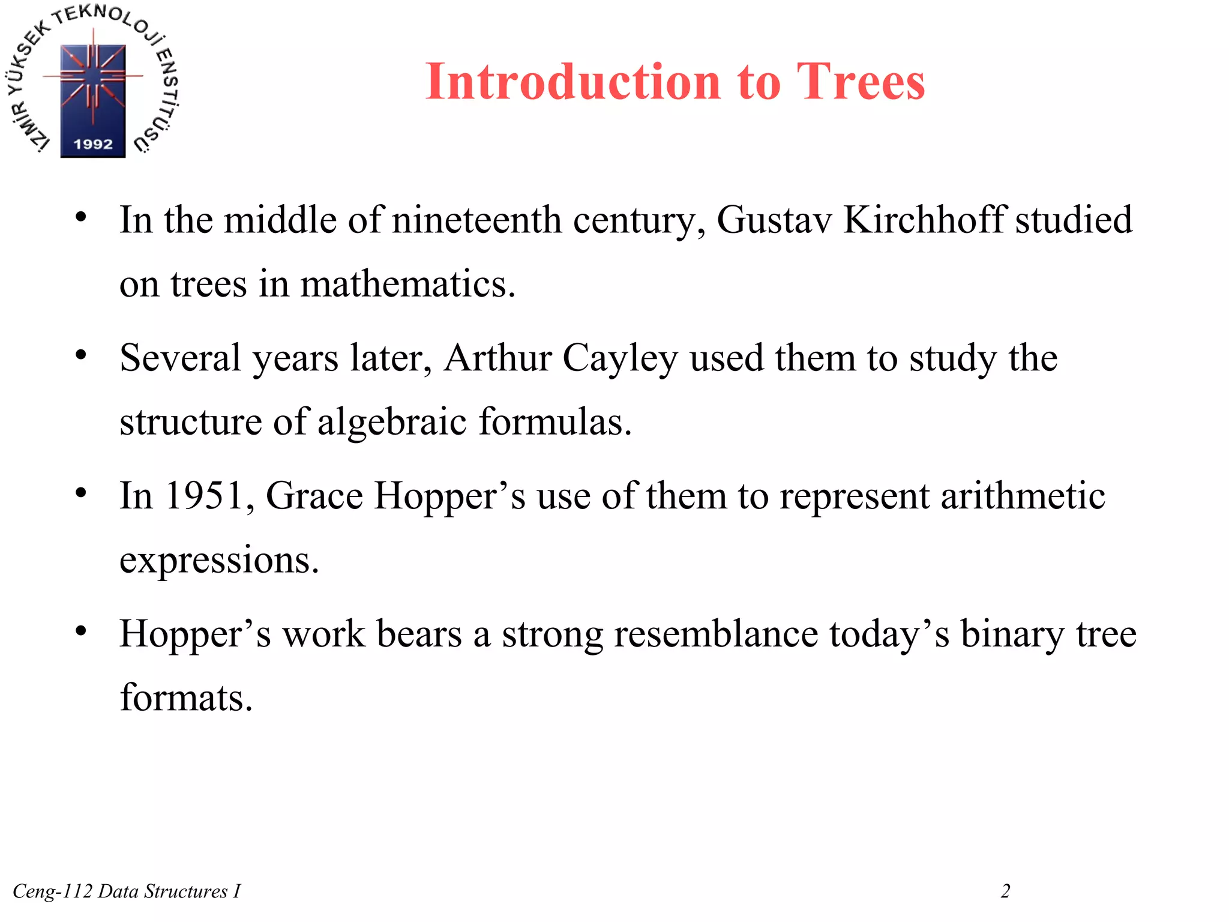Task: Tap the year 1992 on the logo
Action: [x=93, y=144]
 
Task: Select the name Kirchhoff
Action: [x=924, y=220]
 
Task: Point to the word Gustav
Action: [x=774, y=220]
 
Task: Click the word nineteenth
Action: [x=476, y=220]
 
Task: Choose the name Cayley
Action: [x=620, y=359]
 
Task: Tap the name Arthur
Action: [x=497, y=358]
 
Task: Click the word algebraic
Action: [x=392, y=422]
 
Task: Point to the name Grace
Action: [x=314, y=496]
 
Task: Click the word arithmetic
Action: [x=1023, y=496]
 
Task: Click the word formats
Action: [x=185, y=698]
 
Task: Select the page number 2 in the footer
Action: [x=1006, y=891]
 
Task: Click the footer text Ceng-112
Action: [x=52, y=891]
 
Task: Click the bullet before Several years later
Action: [x=81, y=355]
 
